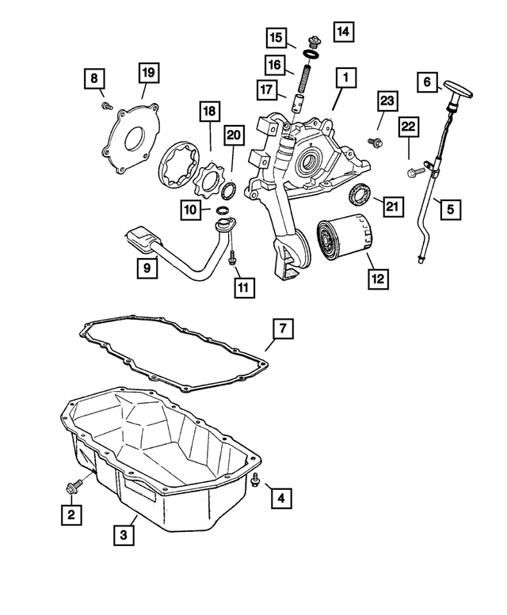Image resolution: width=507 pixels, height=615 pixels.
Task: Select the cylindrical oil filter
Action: [x=342, y=237]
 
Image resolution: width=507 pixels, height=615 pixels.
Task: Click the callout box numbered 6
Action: [x=427, y=82]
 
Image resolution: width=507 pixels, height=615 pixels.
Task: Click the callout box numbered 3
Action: [x=123, y=536]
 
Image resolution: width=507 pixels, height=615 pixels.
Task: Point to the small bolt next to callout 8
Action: [x=104, y=105]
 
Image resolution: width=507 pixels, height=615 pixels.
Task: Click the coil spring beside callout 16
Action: [x=301, y=79]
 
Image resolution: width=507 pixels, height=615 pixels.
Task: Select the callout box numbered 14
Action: [x=343, y=32]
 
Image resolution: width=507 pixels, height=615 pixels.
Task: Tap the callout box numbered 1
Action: [x=345, y=78]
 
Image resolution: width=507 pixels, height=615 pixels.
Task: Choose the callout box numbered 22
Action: [x=408, y=127]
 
